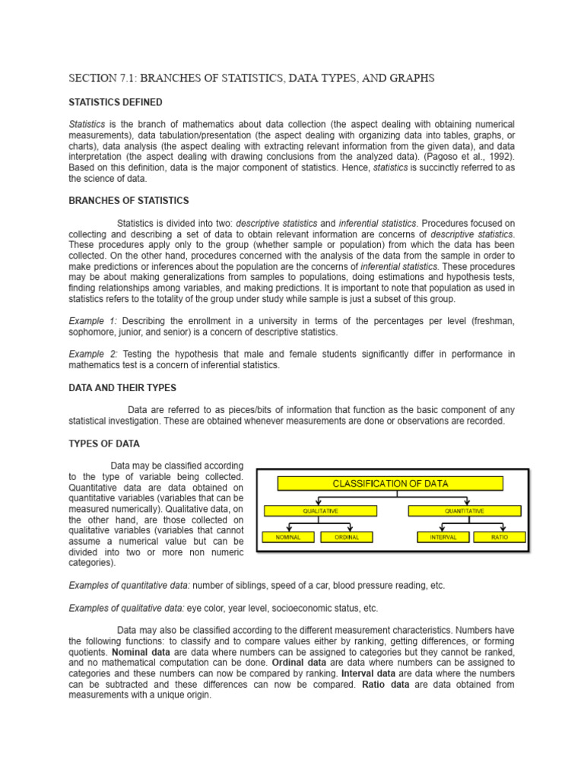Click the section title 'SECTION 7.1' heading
(x=252, y=78)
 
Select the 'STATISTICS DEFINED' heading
(x=115, y=103)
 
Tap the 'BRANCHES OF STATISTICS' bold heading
(x=129, y=201)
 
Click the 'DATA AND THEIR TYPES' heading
(x=122, y=387)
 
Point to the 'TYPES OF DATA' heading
(x=104, y=444)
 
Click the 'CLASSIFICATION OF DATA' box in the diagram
(x=390, y=483)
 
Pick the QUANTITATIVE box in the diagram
(x=463, y=510)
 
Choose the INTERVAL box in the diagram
(x=443, y=537)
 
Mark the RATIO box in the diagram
(x=500, y=537)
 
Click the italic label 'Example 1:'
(x=92, y=322)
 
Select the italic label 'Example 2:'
(x=92, y=355)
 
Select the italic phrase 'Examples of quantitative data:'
(x=129, y=586)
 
